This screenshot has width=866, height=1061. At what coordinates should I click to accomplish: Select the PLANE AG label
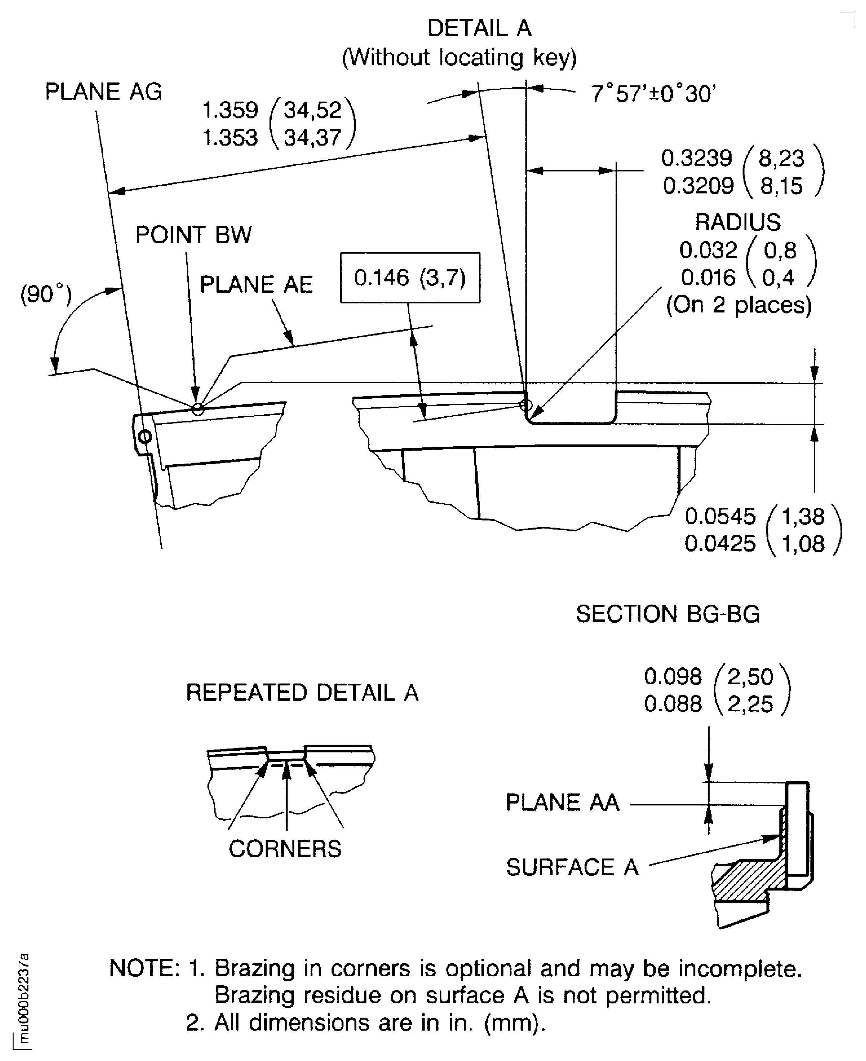point(103,92)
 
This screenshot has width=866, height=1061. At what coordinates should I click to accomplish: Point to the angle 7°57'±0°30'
point(653,93)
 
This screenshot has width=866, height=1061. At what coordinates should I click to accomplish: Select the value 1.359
point(230,110)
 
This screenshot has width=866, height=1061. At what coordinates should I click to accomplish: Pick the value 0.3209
point(698,186)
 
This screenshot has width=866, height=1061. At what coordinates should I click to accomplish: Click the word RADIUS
point(737,222)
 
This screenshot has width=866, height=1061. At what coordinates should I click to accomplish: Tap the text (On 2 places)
point(739,305)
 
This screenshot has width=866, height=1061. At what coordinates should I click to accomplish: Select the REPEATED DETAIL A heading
point(302,693)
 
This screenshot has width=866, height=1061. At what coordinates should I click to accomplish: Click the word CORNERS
point(285,849)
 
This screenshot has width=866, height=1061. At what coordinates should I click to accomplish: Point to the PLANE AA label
point(562,802)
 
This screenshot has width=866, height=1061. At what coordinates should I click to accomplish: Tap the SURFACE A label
point(572,867)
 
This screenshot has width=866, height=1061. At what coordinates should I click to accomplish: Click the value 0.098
point(672,676)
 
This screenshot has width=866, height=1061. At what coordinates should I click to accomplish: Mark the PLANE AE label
point(256,285)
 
